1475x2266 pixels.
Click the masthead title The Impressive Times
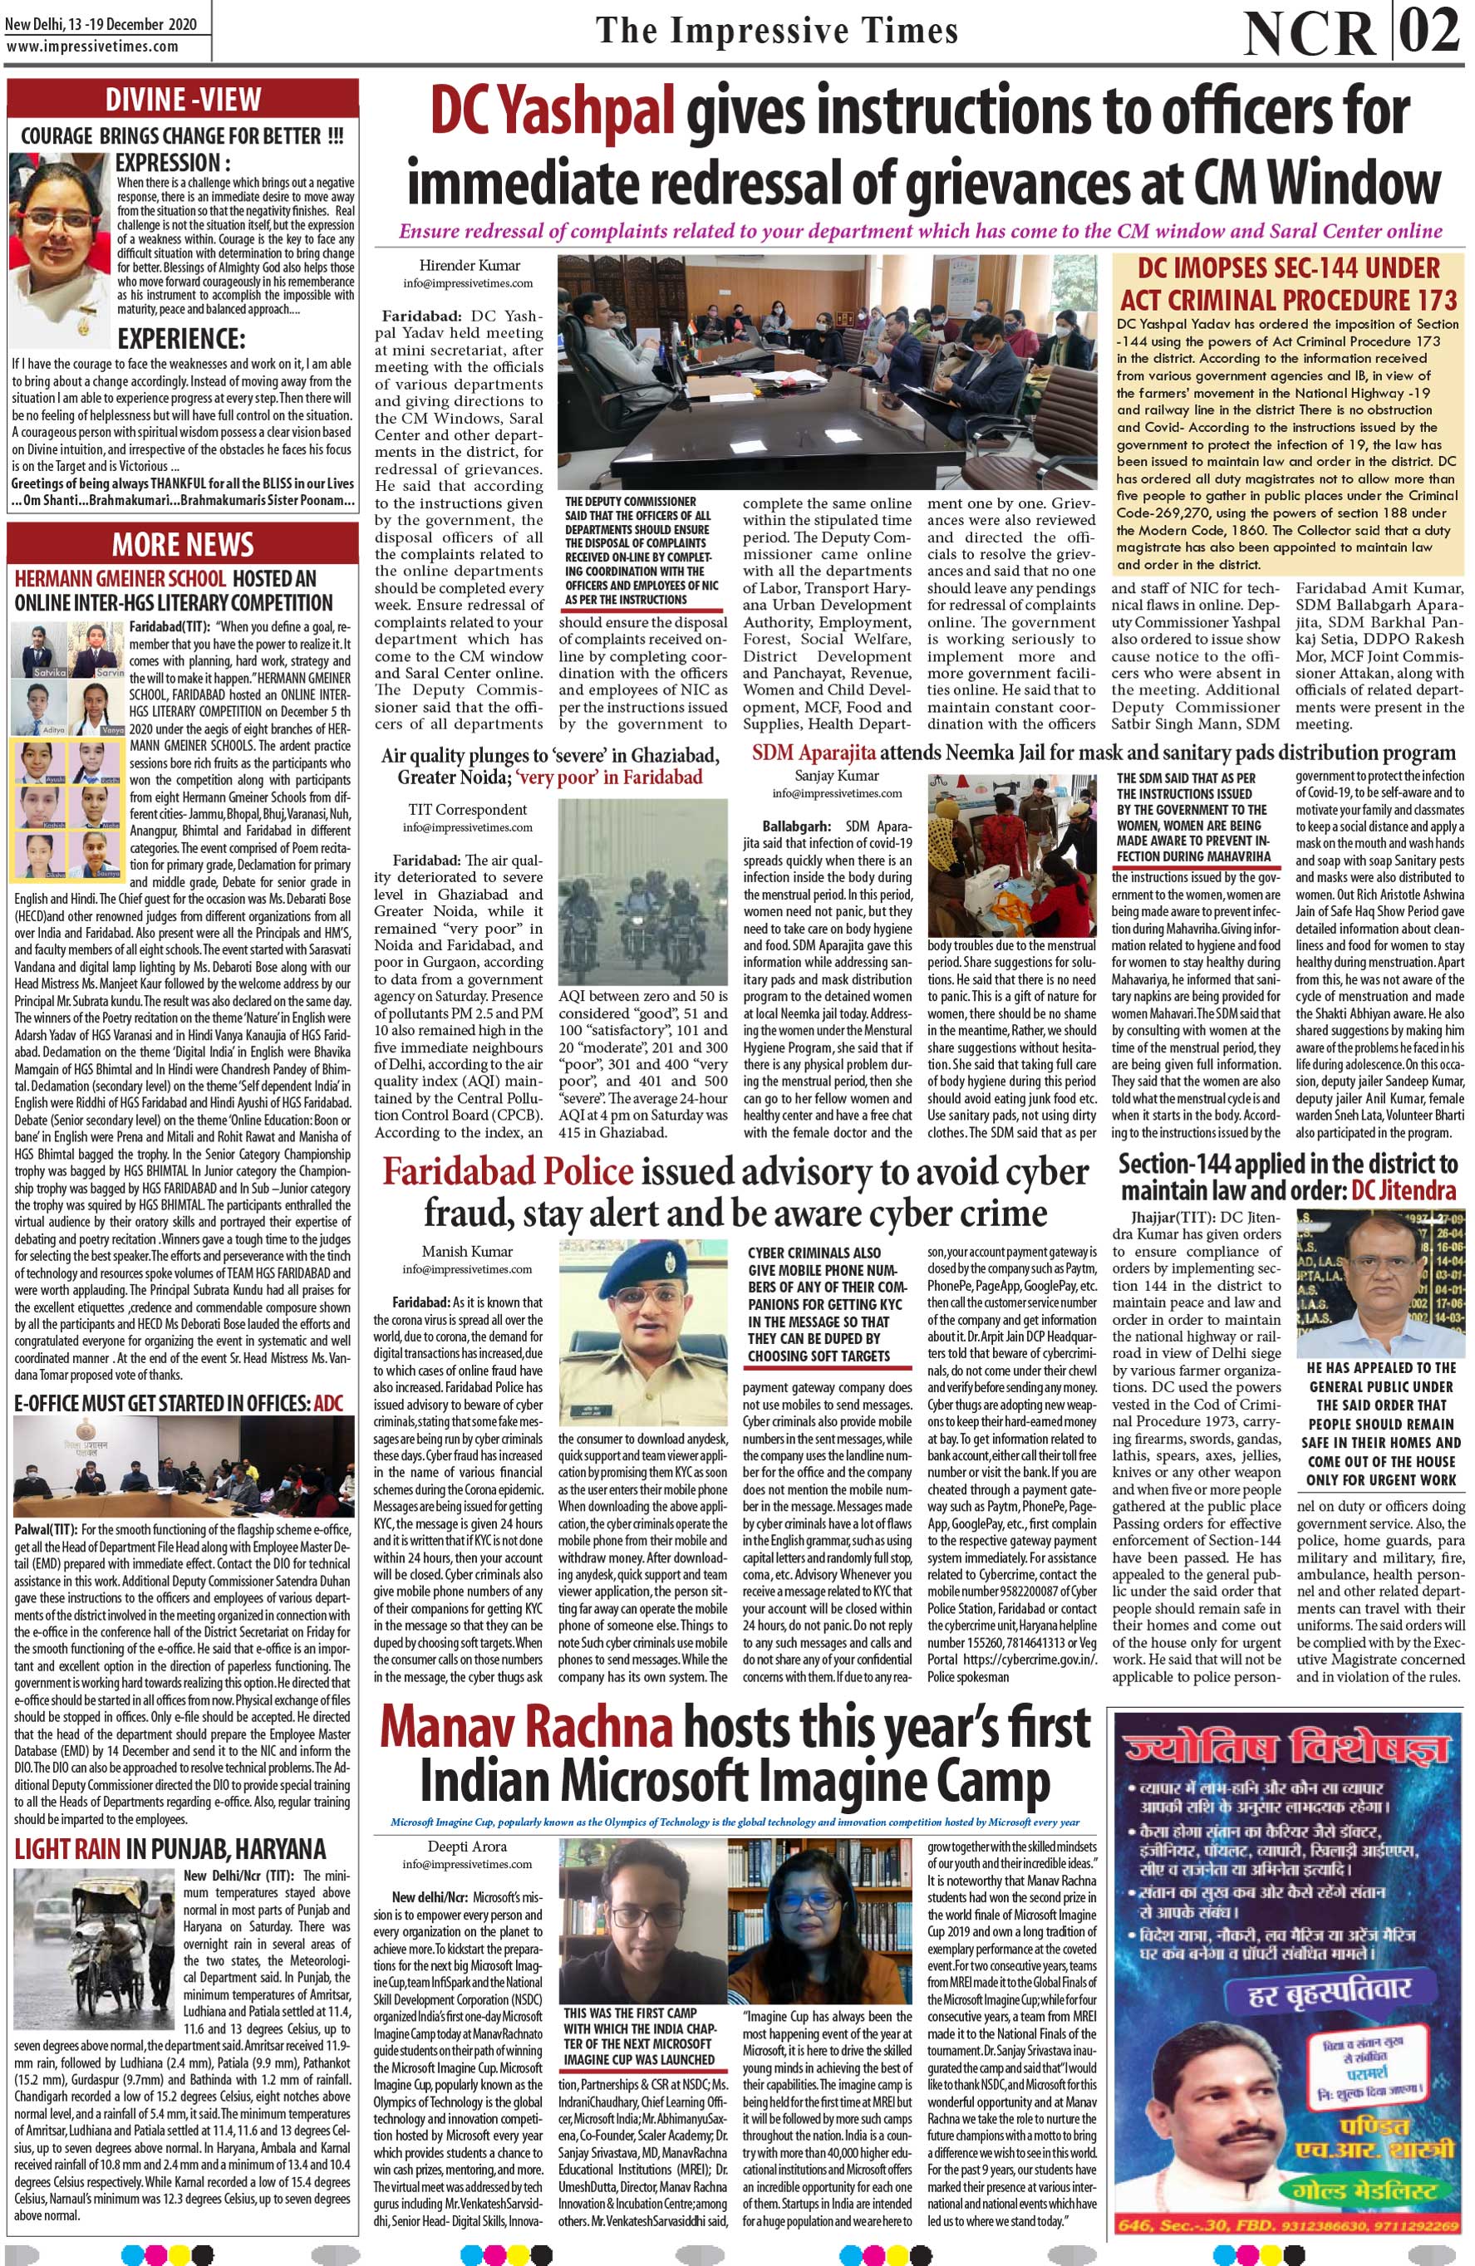[776, 31]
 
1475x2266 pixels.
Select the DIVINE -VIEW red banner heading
[183, 99]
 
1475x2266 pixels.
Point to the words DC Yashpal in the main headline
[553, 111]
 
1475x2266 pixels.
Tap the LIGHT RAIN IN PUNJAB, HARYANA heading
[170, 1849]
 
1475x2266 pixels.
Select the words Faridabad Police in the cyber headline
[508, 1173]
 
